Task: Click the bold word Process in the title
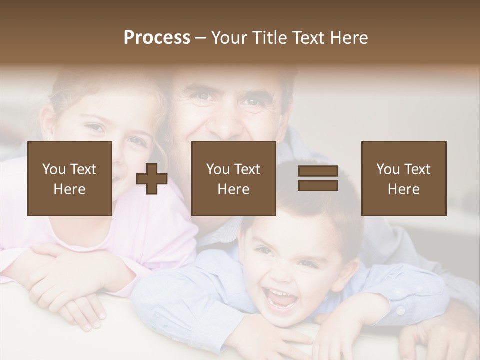[x=157, y=38]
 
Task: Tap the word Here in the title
[x=349, y=38]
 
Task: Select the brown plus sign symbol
[x=152, y=179]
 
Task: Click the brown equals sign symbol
[x=318, y=178]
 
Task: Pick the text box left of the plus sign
[x=70, y=178]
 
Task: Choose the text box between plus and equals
[x=233, y=178]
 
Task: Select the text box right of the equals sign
[x=403, y=178]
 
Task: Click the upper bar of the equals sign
[x=318, y=172]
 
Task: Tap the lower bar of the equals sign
[x=318, y=185]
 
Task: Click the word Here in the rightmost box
[x=403, y=189]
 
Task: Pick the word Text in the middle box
[x=247, y=169]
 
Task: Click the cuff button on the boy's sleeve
[x=400, y=310]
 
